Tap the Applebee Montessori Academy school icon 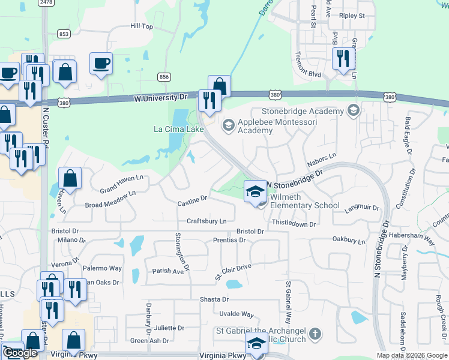(228, 125)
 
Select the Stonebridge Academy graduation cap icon (353, 110)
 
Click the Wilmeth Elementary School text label (305, 201)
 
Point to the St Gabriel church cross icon (316, 333)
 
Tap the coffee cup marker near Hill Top (101, 63)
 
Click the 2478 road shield (46, 2)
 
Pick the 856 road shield (164, 77)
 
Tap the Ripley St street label (352, 15)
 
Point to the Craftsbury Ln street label (206, 221)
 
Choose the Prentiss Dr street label (230, 240)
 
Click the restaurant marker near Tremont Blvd (343, 58)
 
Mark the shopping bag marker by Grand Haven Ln (70, 178)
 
